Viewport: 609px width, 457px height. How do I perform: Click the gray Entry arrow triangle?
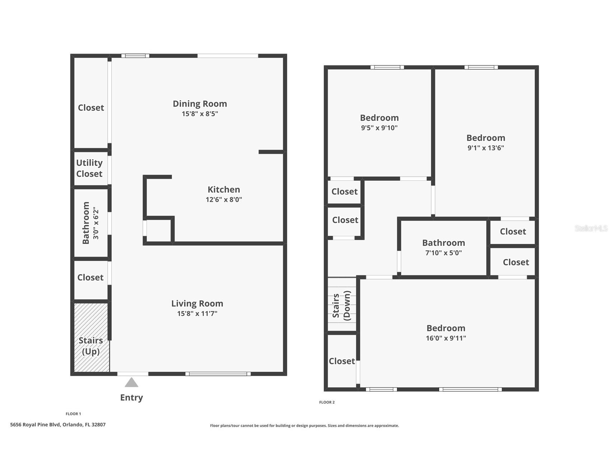[x=131, y=383]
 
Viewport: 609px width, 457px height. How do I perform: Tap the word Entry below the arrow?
[x=131, y=397]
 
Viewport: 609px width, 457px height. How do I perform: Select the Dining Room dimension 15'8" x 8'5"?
[x=200, y=114]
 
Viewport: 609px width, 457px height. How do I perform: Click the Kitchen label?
[x=224, y=190]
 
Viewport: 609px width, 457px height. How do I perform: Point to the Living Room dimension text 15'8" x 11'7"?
[x=197, y=314]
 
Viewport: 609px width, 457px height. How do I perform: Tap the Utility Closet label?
[x=89, y=168]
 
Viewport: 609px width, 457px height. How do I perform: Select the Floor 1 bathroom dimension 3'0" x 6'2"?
[x=95, y=223]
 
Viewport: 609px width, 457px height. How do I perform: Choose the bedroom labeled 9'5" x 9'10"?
[x=379, y=123]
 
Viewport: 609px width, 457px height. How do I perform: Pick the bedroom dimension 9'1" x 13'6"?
[x=486, y=148]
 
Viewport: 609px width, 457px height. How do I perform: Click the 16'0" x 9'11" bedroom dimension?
[x=446, y=338]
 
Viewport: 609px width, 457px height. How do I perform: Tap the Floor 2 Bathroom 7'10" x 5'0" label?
[x=444, y=248]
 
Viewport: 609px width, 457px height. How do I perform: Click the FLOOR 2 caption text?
[x=327, y=402]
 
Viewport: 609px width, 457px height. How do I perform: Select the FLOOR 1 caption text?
[x=73, y=414]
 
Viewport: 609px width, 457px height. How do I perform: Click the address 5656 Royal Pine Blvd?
[x=58, y=425]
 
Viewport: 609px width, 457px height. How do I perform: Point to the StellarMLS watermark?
[x=591, y=228]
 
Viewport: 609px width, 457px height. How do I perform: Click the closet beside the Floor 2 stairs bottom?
[x=342, y=361]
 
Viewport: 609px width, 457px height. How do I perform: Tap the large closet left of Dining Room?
[x=91, y=108]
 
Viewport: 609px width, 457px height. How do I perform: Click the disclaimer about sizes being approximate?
[x=304, y=426]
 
